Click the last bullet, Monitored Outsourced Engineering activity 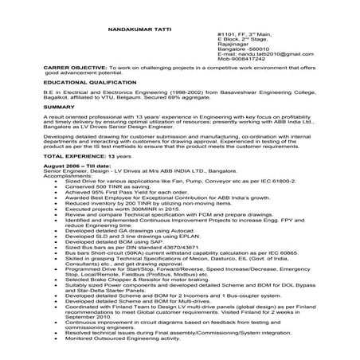(x=132, y=338)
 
